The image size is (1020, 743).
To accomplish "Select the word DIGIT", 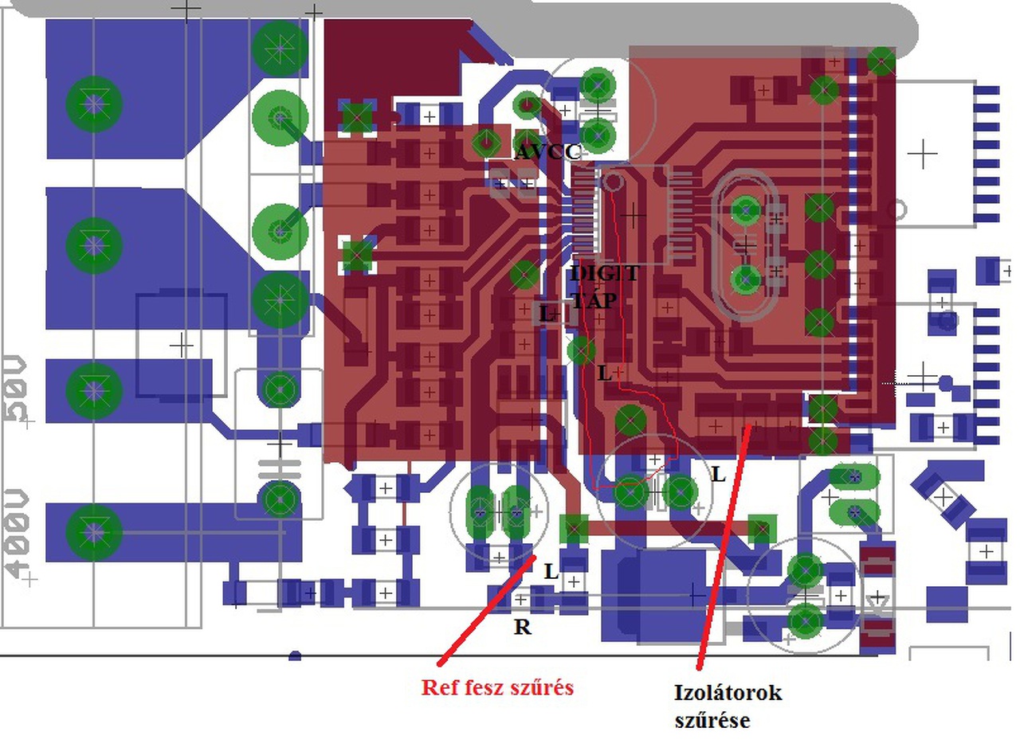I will click(x=604, y=275).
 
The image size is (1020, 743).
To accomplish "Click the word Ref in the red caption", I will click(x=439, y=687).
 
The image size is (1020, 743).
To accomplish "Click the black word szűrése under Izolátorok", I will click(x=712, y=721).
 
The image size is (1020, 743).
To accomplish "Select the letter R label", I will click(x=522, y=628).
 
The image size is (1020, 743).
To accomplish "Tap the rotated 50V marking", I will click(x=18, y=391).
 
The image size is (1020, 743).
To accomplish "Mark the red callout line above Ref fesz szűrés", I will click(x=486, y=610).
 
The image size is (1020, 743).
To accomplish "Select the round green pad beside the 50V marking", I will click(x=94, y=390).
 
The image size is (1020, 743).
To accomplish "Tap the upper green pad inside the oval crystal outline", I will click(x=746, y=210).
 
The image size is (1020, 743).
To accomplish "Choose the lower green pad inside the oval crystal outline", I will click(x=746, y=279).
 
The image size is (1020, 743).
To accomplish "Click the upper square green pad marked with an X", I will click(x=356, y=117).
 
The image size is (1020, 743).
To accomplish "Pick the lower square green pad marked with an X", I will click(x=356, y=256).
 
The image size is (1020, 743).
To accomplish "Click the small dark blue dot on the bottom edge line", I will click(x=295, y=656).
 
